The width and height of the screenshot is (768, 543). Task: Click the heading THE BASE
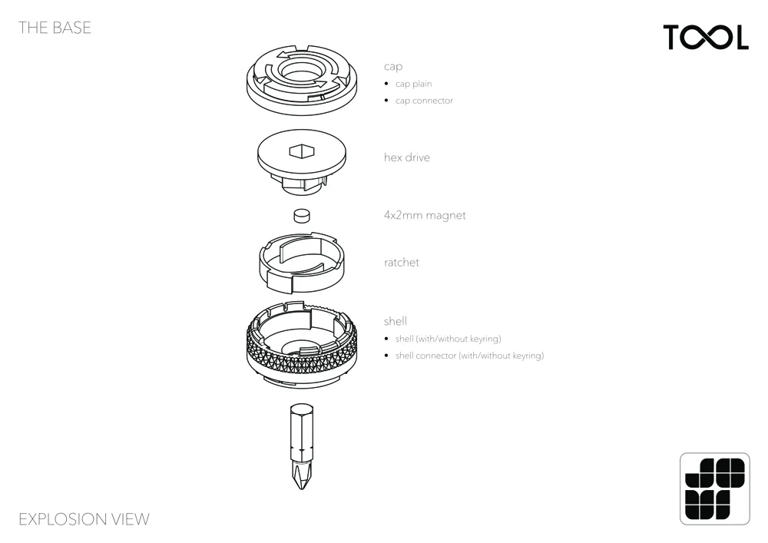point(55,28)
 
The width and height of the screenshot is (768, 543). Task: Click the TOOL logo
point(706,37)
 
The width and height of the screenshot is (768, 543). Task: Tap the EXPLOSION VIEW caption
point(84,519)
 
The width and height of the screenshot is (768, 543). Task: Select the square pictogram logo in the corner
point(714,488)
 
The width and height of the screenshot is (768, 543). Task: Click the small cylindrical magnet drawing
point(302,216)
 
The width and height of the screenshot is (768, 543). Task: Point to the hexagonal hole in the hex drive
point(301,151)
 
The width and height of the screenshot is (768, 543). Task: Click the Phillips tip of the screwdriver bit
point(302,474)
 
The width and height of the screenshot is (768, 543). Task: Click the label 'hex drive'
point(407,157)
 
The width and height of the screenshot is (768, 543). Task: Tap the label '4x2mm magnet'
point(425,216)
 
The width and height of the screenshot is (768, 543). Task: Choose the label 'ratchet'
point(402,263)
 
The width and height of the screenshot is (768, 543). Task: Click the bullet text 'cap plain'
point(414,84)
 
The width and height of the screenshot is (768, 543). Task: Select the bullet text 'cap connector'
point(424,101)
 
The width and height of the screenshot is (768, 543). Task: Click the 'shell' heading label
point(396,321)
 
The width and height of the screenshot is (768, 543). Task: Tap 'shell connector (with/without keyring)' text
point(470,356)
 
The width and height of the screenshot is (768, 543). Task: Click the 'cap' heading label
point(393,67)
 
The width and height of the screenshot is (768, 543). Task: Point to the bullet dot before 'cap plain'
point(386,84)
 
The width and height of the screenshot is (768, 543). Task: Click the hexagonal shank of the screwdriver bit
point(302,431)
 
